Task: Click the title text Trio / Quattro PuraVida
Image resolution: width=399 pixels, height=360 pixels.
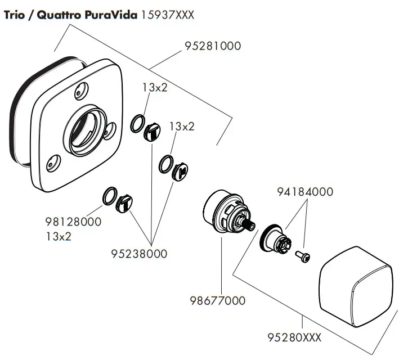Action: pos(70,15)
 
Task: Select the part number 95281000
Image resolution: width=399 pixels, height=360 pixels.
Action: pos(213,46)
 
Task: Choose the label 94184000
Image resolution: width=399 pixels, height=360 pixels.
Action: pos(305,192)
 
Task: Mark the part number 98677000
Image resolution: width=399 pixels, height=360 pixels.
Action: pos(218,300)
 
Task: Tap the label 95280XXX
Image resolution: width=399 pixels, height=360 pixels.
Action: pos(294,337)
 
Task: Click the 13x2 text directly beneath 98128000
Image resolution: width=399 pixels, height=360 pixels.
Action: pos(59,236)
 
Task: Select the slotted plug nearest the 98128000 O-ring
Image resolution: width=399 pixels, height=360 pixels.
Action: pos(124,204)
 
